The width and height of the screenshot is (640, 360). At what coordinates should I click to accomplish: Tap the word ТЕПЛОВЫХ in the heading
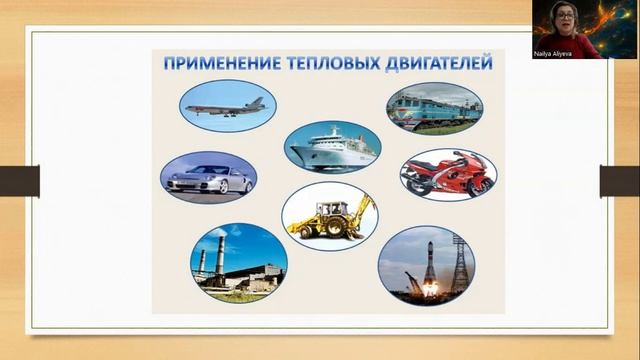click(x=322, y=63)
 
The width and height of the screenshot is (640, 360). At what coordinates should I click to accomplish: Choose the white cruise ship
click(x=333, y=150)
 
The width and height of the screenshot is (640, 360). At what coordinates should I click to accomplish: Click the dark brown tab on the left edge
click(x=19, y=181)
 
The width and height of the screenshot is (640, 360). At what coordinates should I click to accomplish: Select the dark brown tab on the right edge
click(x=620, y=181)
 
